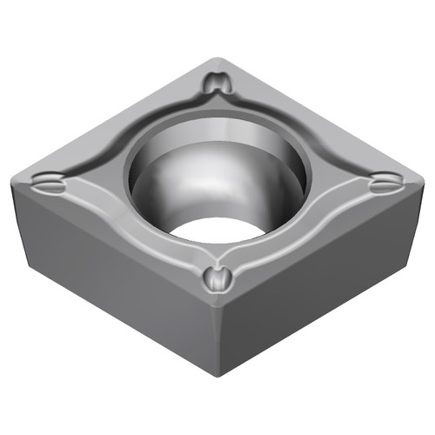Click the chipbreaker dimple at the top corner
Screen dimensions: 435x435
click(217, 84)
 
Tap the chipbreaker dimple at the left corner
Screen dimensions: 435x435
click(47, 184)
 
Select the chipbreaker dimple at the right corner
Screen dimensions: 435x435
click(384, 184)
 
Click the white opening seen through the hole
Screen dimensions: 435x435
click(217, 228)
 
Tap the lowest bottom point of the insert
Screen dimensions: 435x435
click(219, 376)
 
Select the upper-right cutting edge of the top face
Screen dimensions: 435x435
click(322, 117)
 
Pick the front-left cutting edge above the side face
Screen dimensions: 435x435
click(113, 244)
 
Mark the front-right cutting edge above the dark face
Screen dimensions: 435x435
click(322, 244)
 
